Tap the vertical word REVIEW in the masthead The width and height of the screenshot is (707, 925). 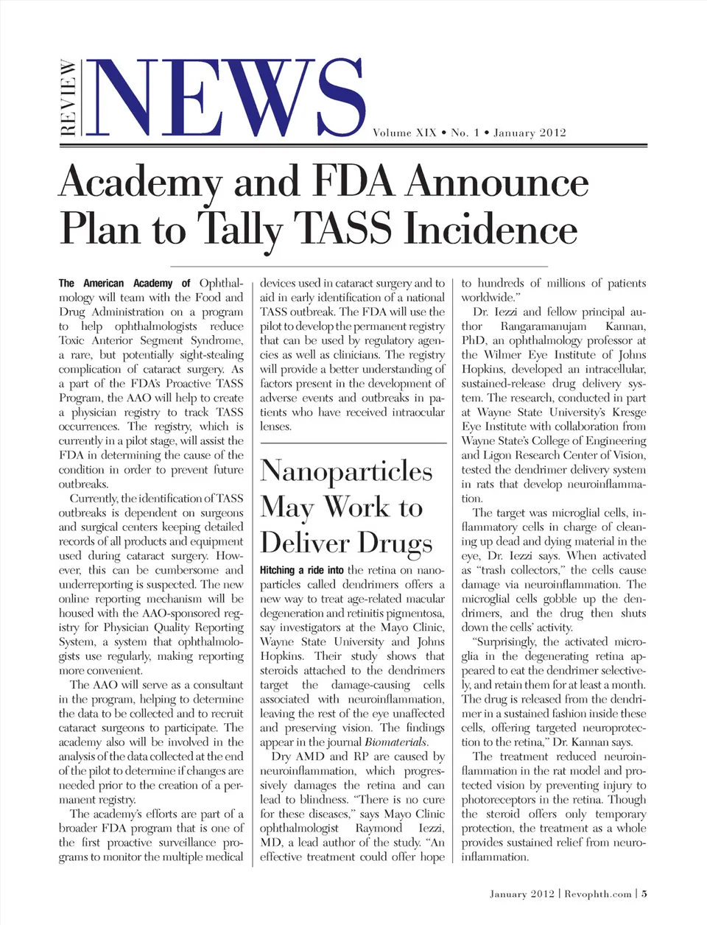(x=68, y=98)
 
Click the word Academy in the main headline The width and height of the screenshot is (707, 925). (x=140, y=183)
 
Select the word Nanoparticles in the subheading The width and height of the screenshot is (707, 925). (x=346, y=471)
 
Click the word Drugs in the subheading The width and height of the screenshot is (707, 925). (x=395, y=544)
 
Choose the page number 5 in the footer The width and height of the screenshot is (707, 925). (x=644, y=894)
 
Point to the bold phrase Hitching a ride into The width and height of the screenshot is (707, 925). (x=302, y=570)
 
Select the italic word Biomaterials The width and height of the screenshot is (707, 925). (x=396, y=742)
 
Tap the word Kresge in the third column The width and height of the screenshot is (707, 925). (x=628, y=412)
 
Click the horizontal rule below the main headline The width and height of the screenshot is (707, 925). (x=359, y=265)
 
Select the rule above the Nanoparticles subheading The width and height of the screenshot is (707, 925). (x=353, y=443)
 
